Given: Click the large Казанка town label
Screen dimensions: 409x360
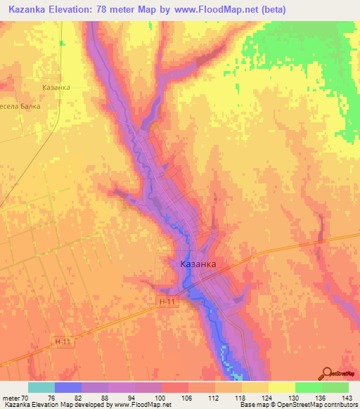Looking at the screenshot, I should click(x=198, y=265).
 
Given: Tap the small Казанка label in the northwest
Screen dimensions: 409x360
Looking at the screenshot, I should click(x=56, y=87).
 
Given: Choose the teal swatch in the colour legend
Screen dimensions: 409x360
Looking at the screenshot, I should click(x=41, y=387).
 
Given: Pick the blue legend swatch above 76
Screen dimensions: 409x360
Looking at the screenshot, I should click(x=67, y=387).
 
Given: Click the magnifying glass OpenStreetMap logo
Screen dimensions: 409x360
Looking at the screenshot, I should click(x=328, y=373).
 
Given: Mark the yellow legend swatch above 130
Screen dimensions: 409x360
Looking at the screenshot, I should click(x=281, y=387).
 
